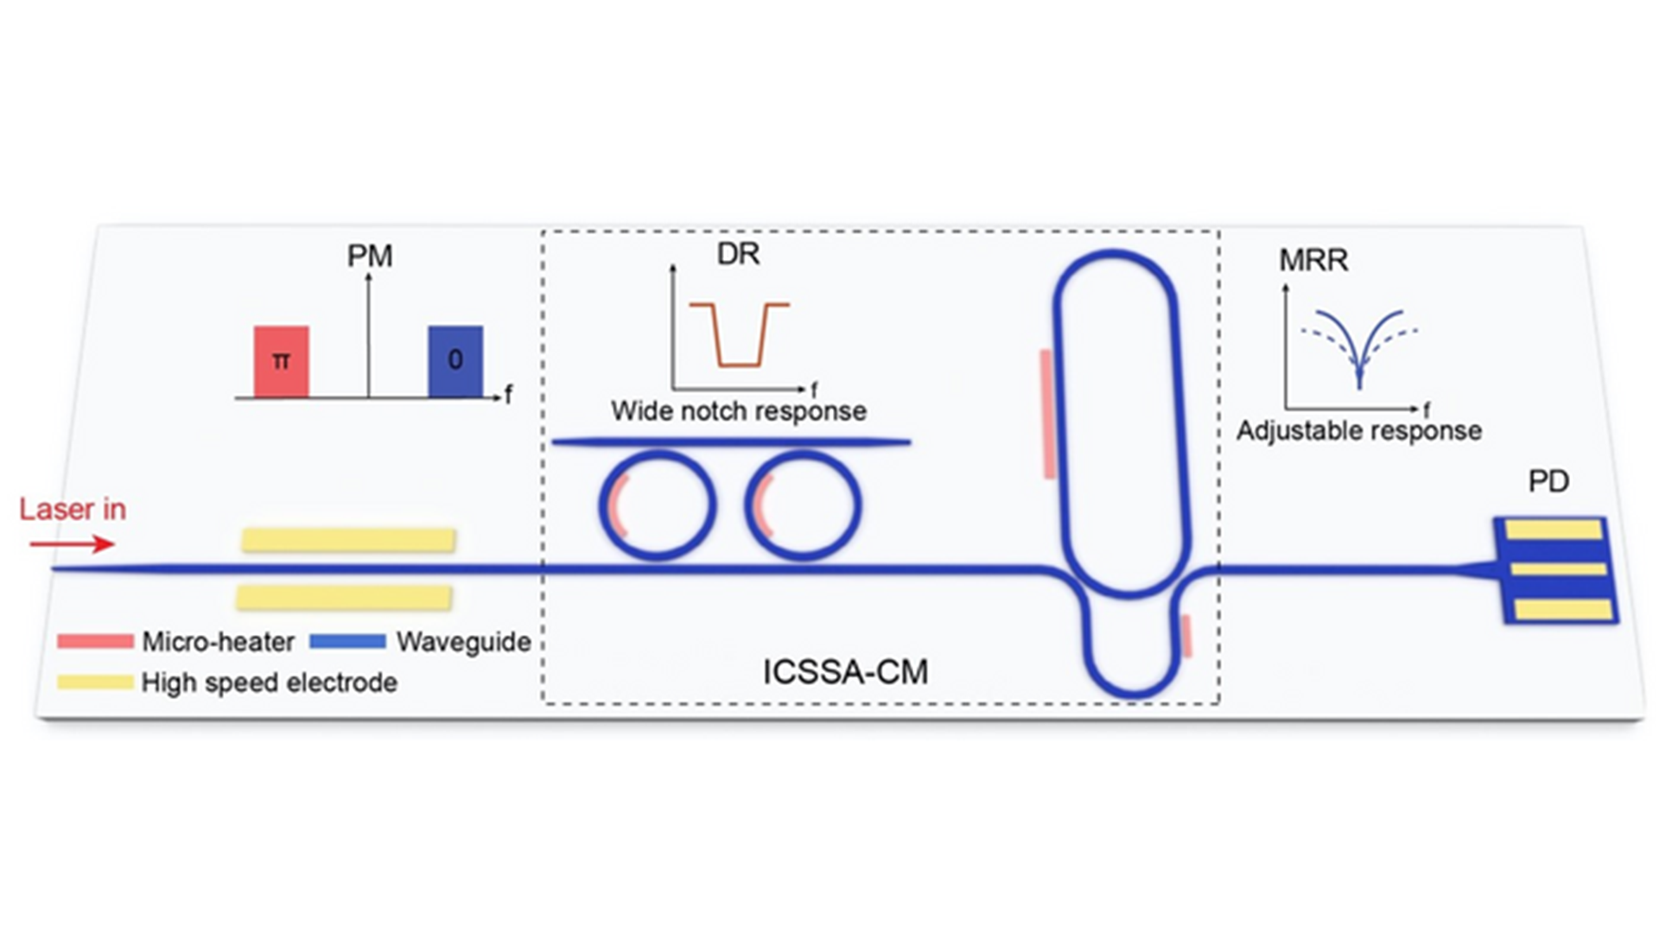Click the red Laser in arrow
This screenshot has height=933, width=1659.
pyautogui.click(x=73, y=543)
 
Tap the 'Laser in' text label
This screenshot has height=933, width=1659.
pyautogui.click(x=73, y=509)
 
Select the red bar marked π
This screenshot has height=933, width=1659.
pyautogui.click(x=281, y=361)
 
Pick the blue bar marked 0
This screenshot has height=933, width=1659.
pyautogui.click(x=455, y=361)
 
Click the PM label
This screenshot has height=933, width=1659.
pyautogui.click(x=370, y=256)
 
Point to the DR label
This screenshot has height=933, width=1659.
pyautogui.click(x=738, y=254)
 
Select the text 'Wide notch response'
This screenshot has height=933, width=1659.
pyautogui.click(x=739, y=411)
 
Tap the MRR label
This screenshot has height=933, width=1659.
pyautogui.click(x=1313, y=260)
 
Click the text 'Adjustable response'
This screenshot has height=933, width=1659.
pyautogui.click(x=1359, y=430)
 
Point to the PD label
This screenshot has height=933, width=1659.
pyautogui.click(x=1548, y=481)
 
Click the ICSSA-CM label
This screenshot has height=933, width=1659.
pyautogui.click(x=845, y=672)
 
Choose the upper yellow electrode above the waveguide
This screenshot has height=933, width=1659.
pyautogui.click(x=348, y=540)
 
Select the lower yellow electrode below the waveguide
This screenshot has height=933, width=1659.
pyautogui.click(x=344, y=597)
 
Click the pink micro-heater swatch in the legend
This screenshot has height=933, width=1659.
pyautogui.click(x=95, y=641)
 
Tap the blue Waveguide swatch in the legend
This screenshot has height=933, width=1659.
pyautogui.click(x=347, y=641)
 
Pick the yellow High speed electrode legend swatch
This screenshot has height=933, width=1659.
pyautogui.click(x=95, y=682)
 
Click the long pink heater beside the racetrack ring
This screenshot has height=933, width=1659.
pyautogui.click(x=1048, y=414)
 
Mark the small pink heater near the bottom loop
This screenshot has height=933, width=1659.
pyautogui.click(x=1187, y=636)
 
